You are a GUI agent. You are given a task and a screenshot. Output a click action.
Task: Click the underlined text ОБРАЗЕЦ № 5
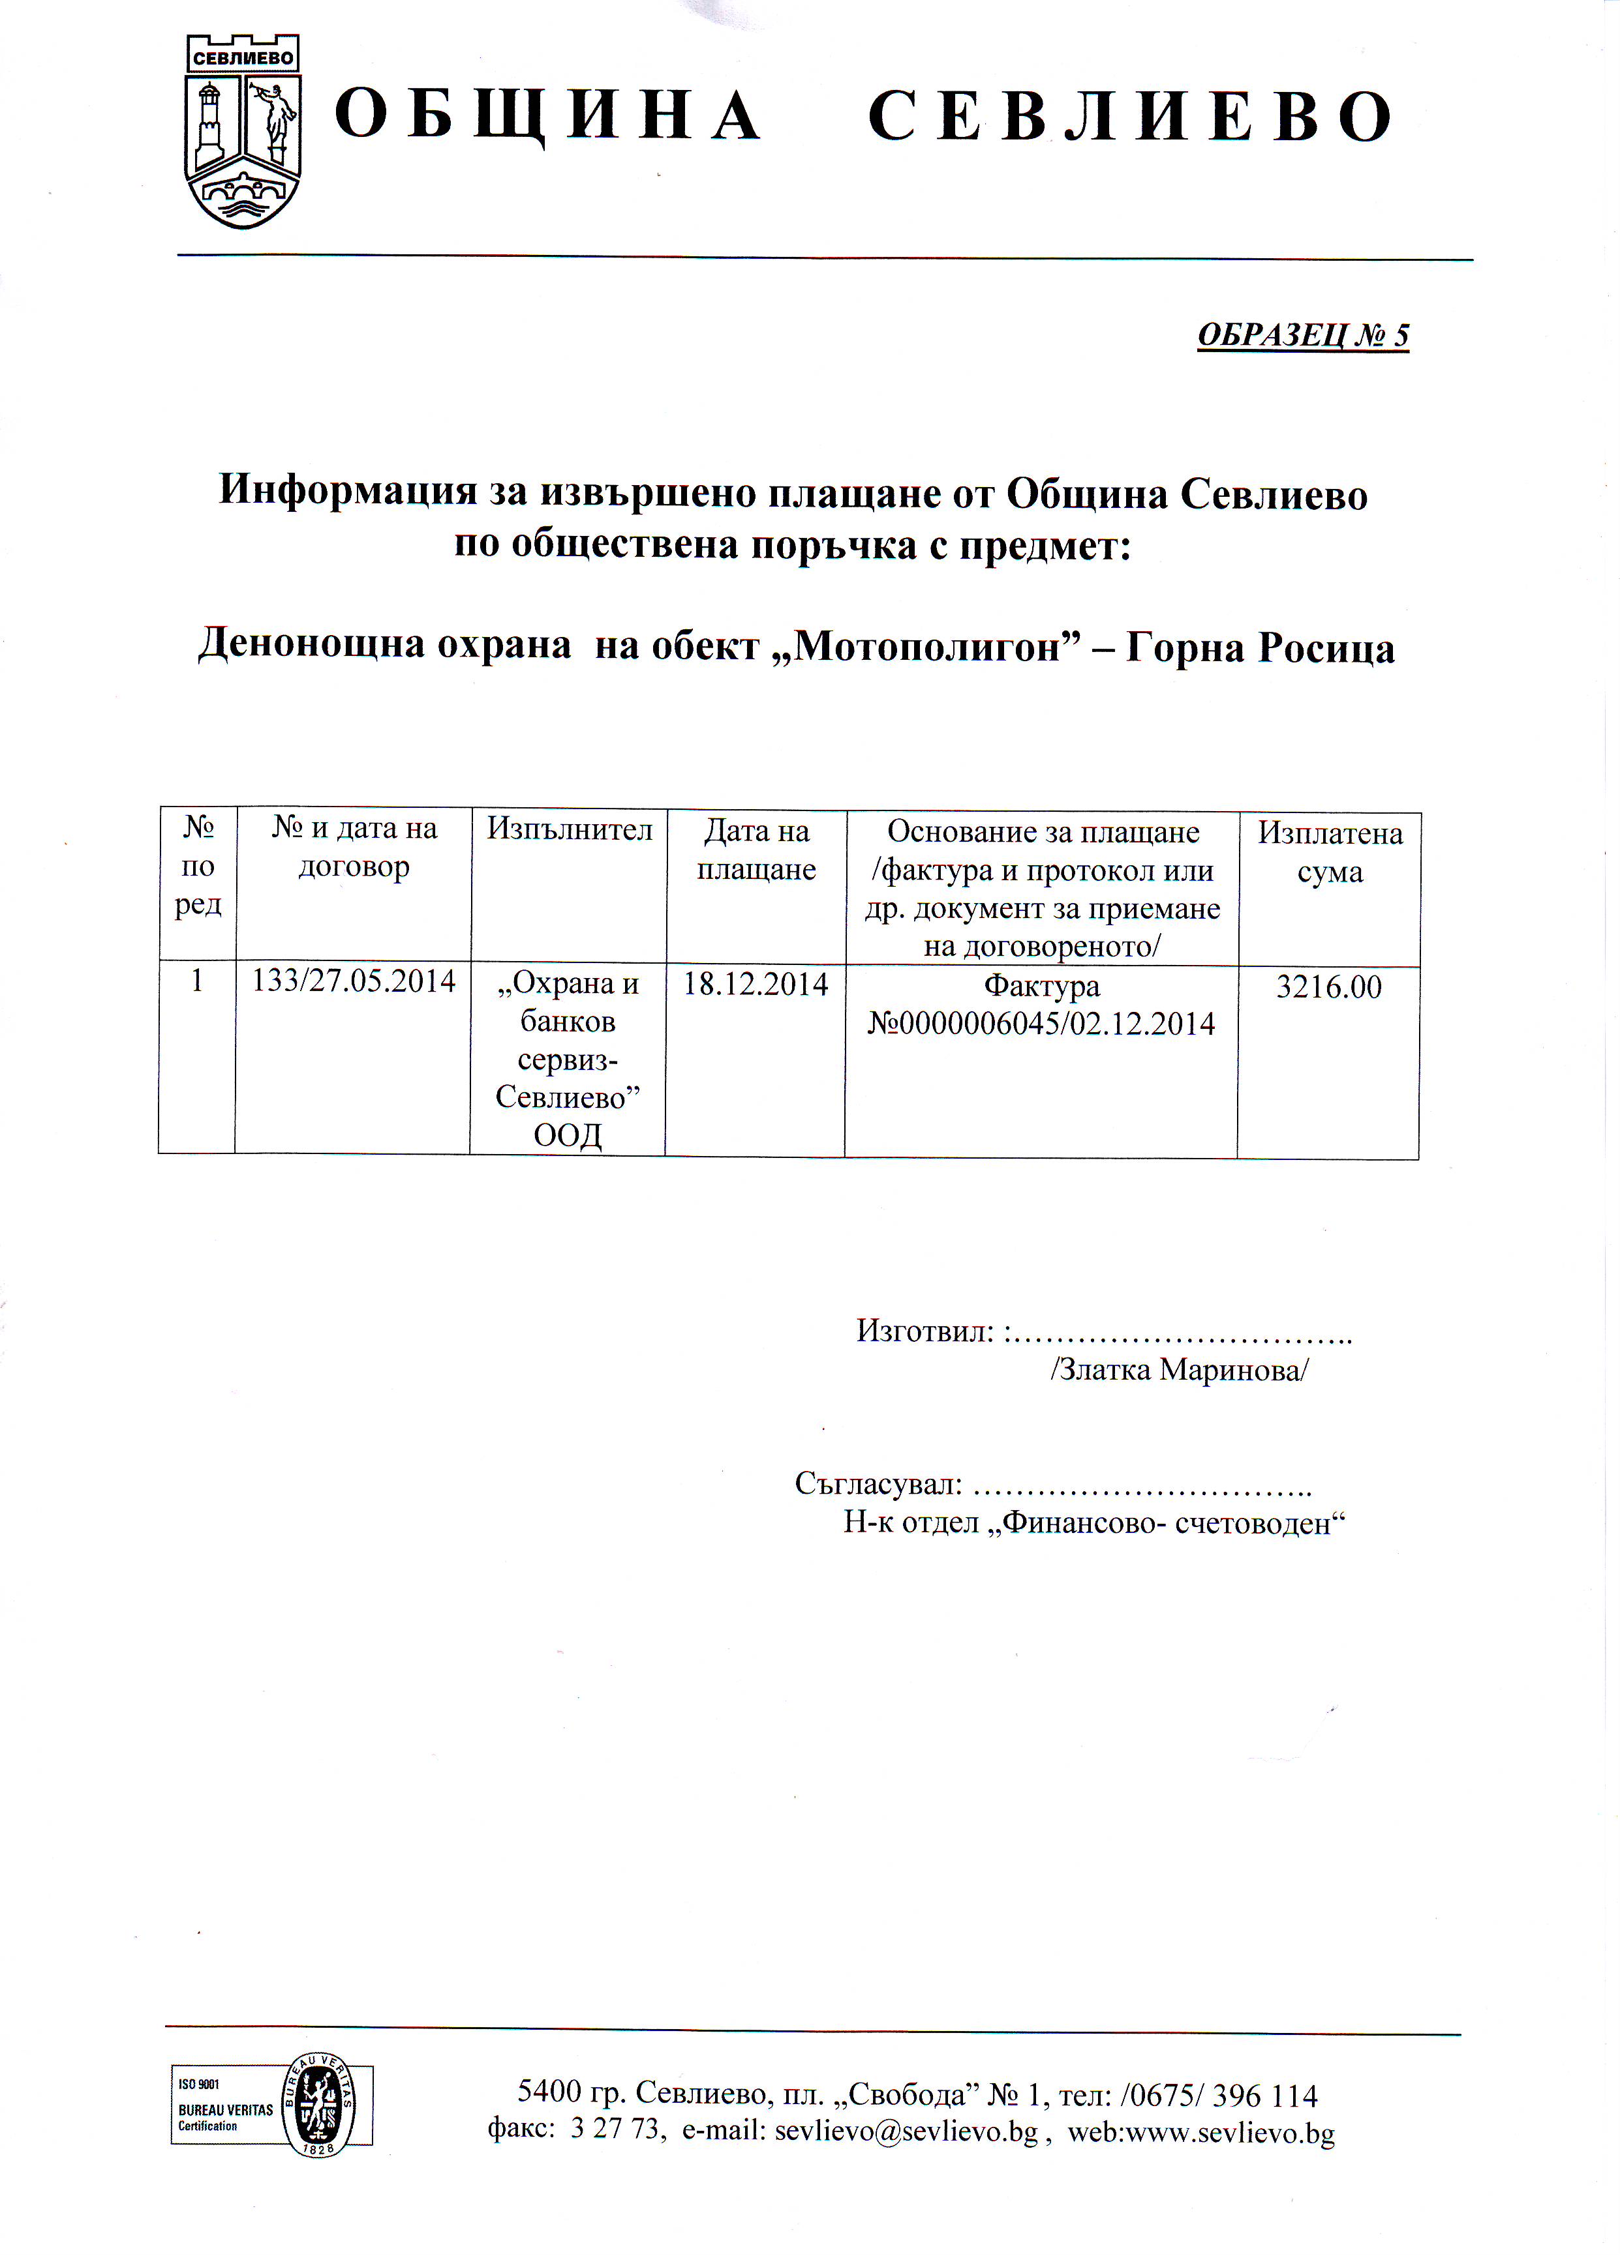[x=1302, y=335]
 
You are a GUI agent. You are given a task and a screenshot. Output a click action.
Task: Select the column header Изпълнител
[x=569, y=829]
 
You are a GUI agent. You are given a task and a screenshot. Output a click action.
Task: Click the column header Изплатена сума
[x=1330, y=852]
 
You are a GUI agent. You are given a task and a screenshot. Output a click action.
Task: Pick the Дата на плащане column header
[x=756, y=850]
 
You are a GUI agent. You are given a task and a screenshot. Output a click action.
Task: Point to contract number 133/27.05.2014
[x=353, y=982]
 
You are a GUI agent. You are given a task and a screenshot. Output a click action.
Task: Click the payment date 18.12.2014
[x=756, y=985]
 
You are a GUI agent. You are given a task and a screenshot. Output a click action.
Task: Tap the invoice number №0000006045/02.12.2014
[x=1041, y=1024]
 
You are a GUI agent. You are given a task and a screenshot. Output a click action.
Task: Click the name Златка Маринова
[x=1179, y=1370]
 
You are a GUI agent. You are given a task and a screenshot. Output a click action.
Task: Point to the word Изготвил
[x=925, y=1331]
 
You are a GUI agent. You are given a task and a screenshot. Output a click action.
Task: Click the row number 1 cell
[x=197, y=982]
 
